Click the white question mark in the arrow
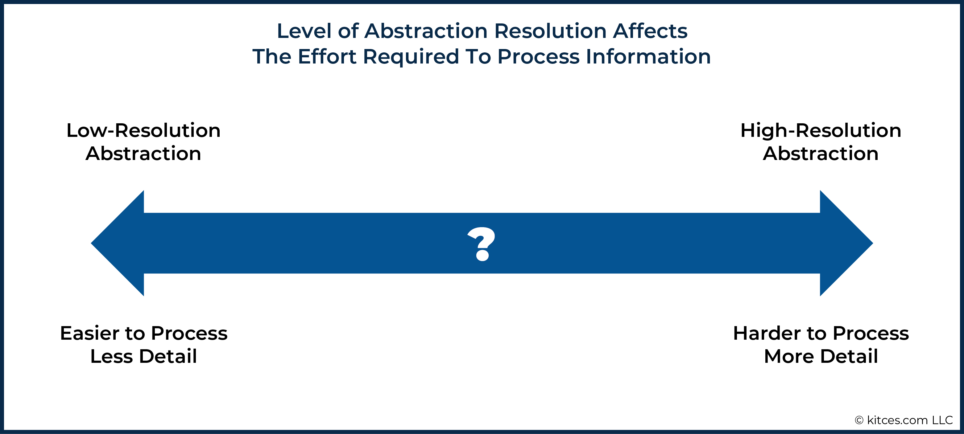coord(482,244)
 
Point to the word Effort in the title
coord(327,56)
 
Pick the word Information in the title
coord(648,56)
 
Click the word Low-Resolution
coord(143,130)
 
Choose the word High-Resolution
coord(821,130)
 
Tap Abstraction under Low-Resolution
coord(143,154)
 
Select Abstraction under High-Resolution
coord(821,154)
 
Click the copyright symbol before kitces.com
coord(859,420)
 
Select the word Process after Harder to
coord(871,333)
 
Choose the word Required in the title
coord(411,57)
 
